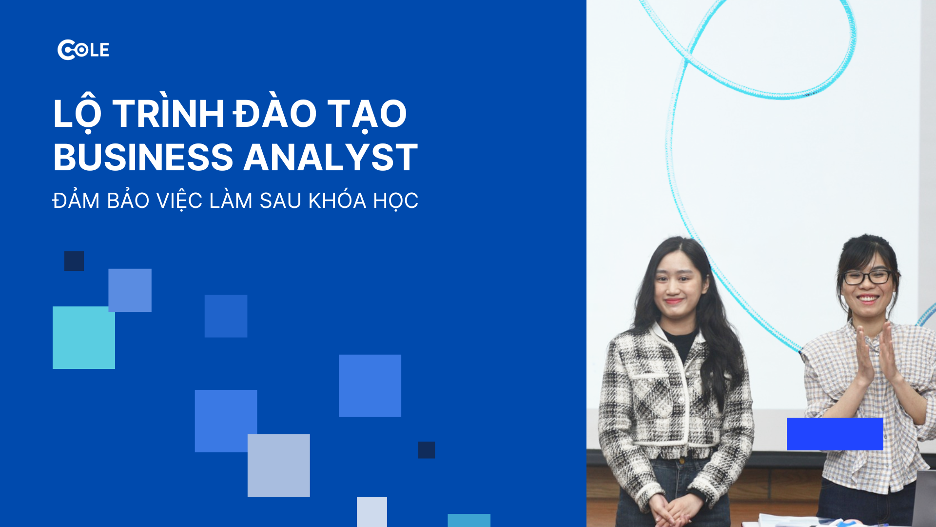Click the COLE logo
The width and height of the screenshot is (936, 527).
click(x=83, y=50)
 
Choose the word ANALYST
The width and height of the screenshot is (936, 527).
click(x=331, y=158)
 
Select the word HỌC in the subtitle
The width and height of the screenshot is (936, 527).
click(x=395, y=201)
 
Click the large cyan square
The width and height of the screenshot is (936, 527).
click(x=84, y=338)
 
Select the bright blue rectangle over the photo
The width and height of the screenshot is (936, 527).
click(x=835, y=434)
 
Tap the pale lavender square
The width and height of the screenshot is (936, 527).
click(x=278, y=466)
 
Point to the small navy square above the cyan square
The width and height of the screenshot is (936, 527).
click(x=74, y=261)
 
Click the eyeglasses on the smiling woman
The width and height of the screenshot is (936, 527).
click(x=868, y=277)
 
